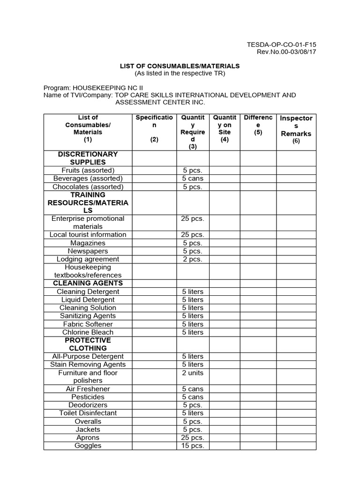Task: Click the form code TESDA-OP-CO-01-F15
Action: click(x=281, y=45)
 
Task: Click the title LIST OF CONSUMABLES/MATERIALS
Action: click(x=180, y=66)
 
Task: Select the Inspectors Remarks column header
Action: click(x=296, y=129)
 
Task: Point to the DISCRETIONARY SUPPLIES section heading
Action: click(x=88, y=158)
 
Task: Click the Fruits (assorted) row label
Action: click(x=88, y=170)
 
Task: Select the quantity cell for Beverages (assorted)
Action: click(x=192, y=179)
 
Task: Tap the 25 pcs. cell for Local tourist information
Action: click(x=192, y=235)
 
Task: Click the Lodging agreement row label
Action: click(x=88, y=259)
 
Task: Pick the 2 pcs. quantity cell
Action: click(x=192, y=259)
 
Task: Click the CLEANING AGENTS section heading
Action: click(x=88, y=283)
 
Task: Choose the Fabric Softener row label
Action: click(x=88, y=324)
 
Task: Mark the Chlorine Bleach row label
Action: click(x=88, y=332)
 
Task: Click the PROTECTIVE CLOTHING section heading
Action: click(x=88, y=344)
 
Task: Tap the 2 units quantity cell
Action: click(x=192, y=373)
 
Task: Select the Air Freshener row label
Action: click(x=88, y=389)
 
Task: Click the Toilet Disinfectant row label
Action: click(x=88, y=413)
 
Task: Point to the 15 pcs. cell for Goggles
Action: click(x=192, y=446)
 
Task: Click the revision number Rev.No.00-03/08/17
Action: click(x=286, y=52)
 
